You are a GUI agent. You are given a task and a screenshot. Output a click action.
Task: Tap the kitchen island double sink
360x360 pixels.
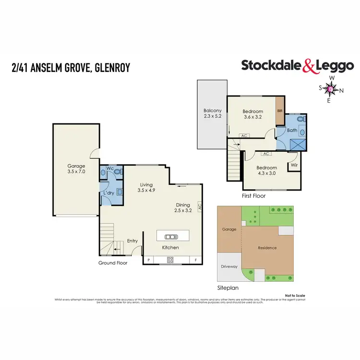[170, 236]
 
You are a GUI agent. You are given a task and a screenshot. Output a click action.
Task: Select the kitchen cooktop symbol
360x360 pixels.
[170, 260]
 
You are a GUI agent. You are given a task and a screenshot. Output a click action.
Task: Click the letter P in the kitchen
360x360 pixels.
[148, 260]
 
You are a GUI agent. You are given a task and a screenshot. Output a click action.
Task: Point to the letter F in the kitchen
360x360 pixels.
[195, 260]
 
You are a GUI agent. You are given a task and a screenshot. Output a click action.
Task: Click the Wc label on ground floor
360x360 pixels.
[110, 168]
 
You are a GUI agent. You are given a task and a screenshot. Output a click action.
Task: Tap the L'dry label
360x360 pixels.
[108, 193]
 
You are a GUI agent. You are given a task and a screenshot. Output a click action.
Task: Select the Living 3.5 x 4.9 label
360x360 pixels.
[146, 187]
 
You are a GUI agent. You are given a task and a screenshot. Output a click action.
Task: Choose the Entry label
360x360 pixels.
[132, 241]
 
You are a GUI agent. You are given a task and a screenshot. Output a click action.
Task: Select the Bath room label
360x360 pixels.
[292, 131]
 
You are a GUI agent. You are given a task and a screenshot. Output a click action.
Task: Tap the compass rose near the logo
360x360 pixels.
[331, 89]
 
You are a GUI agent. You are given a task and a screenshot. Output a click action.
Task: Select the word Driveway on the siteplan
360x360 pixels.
[229, 266]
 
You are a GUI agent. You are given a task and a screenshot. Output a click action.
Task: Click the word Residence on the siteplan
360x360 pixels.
[267, 248]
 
